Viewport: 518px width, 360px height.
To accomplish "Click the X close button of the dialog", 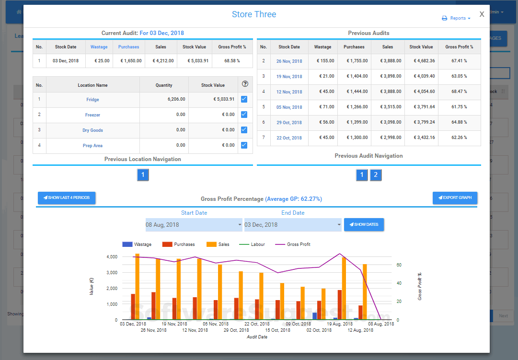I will (x=482, y=14).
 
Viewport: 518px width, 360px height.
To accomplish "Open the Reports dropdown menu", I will (x=456, y=18).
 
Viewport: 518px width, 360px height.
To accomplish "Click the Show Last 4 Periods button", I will (x=67, y=197).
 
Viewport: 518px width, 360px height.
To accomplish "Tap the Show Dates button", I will (x=364, y=224).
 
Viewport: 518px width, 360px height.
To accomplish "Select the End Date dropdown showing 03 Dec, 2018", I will (x=293, y=225).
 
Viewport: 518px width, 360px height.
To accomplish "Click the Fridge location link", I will (x=92, y=100).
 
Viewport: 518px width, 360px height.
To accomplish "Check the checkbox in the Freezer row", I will (x=244, y=115).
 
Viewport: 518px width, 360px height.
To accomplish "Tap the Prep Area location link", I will (x=92, y=146).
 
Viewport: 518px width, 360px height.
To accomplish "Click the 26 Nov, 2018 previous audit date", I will (x=289, y=61).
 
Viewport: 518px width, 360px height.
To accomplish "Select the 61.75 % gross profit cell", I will (x=459, y=107).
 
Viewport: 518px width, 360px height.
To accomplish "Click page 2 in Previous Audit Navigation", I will (x=376, y=175).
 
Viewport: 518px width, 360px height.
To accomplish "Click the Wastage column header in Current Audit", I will (x=99, y=47).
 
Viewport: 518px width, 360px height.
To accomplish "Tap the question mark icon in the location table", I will (x=245, y=84).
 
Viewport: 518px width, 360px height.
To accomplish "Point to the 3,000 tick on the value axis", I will (x=111, y=273).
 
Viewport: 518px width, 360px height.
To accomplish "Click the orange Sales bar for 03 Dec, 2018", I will (x=138, y=287).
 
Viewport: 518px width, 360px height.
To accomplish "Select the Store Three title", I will (x=254, y=14).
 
